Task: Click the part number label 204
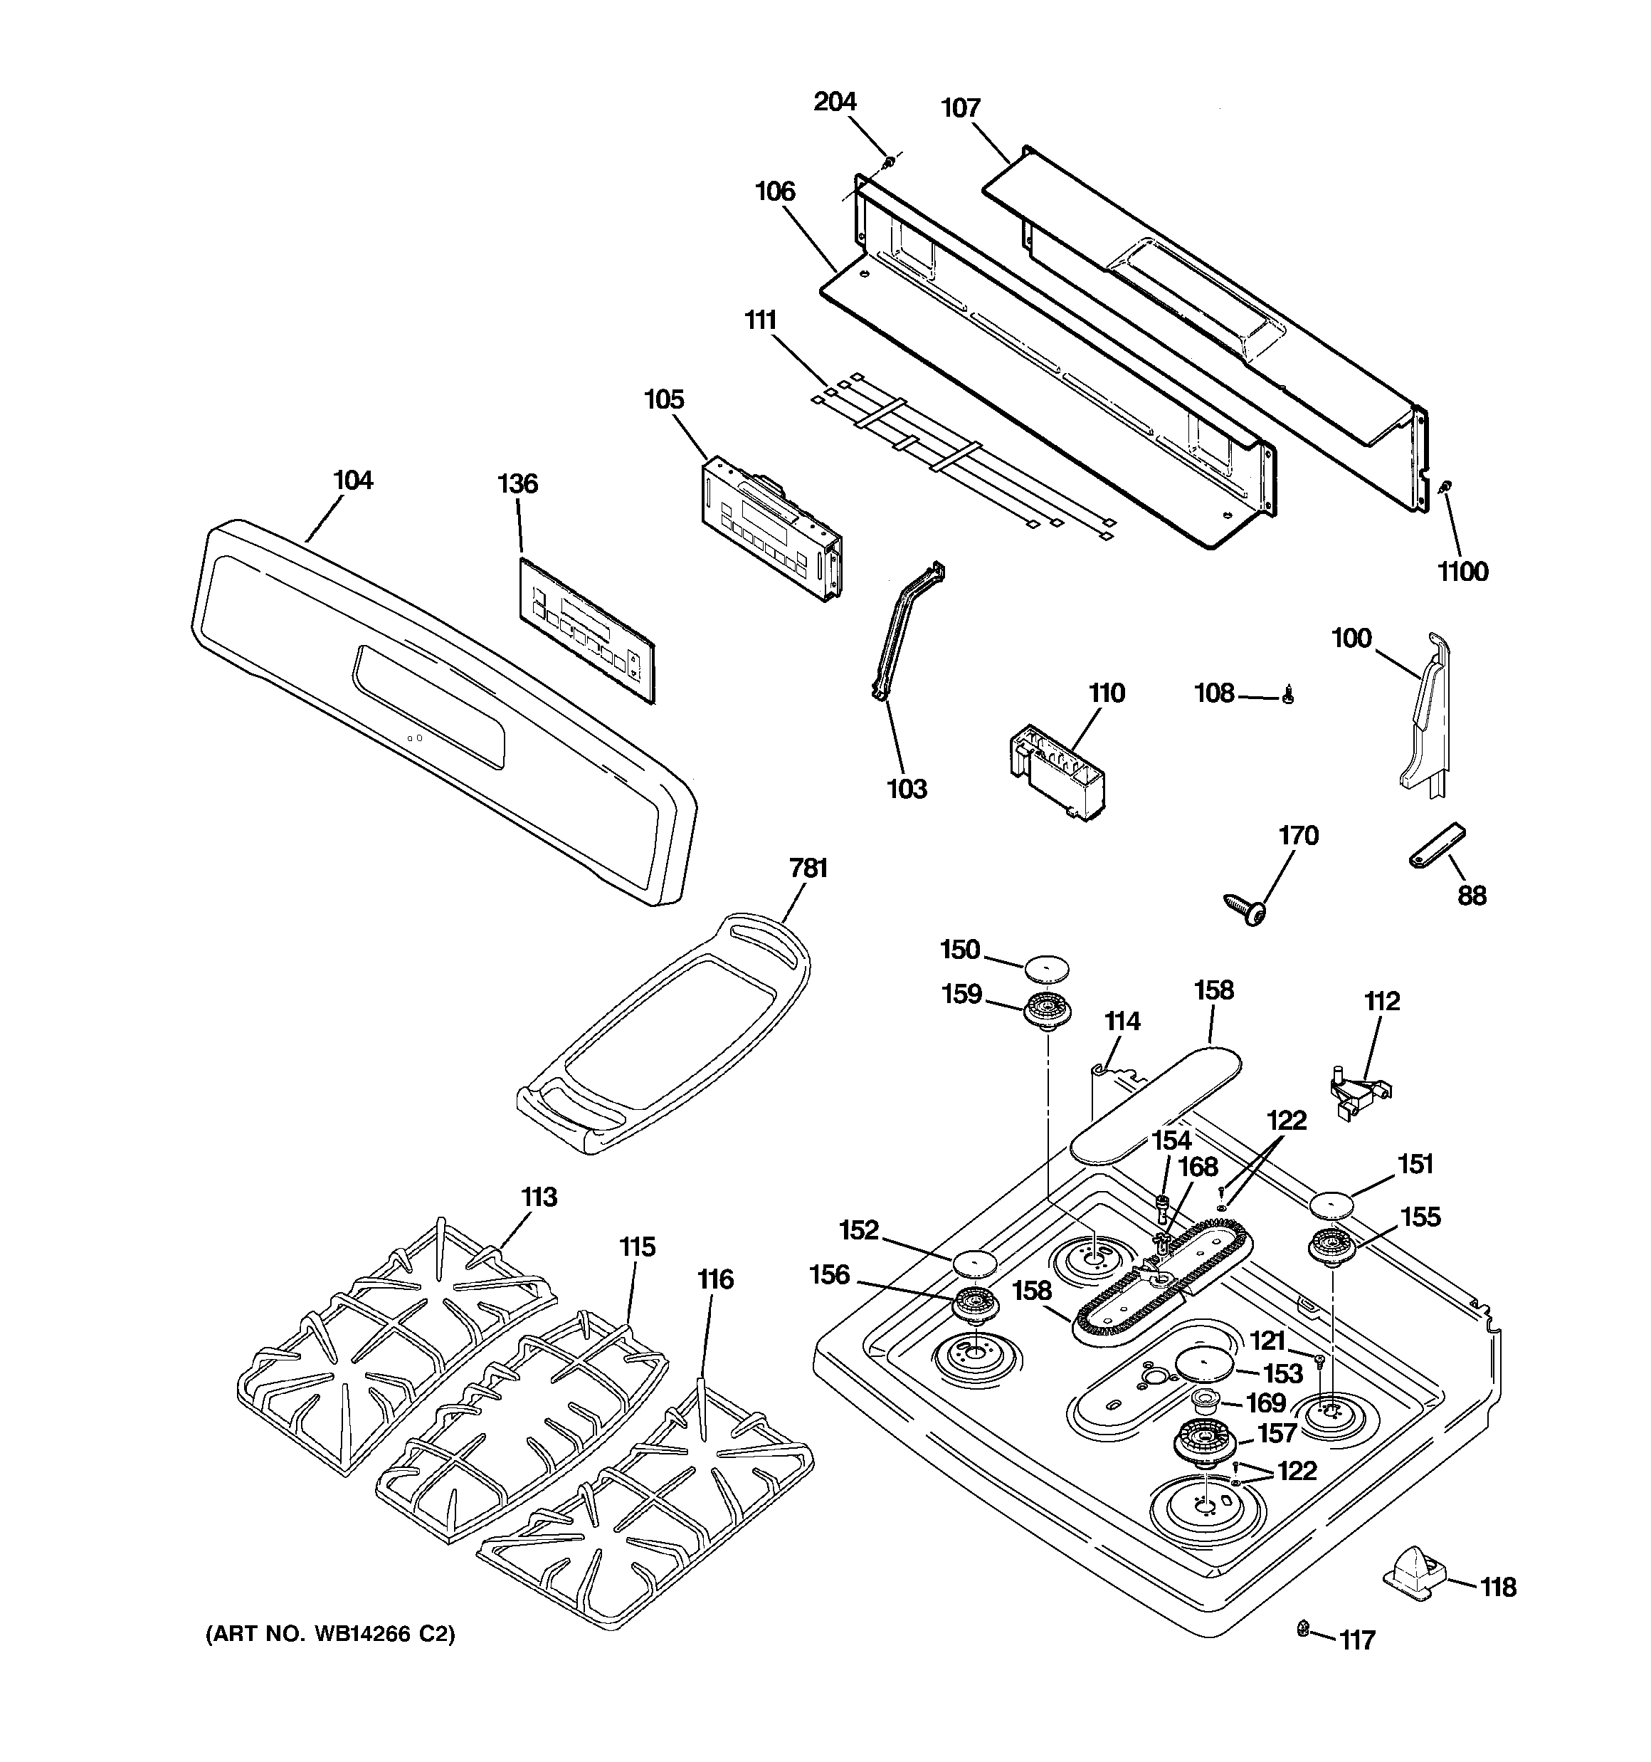click(835, 102)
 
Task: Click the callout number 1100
click(1463, 572)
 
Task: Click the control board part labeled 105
click(771, 529)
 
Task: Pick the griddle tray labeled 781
click(663, 1035)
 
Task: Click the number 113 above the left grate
click(539, 1197)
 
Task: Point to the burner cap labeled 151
click(1333, 1205)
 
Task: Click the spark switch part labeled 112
click(1356, 1091)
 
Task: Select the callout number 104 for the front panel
click(353, 481)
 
